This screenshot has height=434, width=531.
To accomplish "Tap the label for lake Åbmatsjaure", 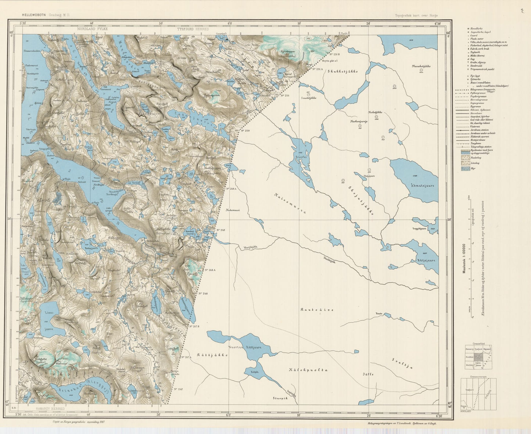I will pos(422,186).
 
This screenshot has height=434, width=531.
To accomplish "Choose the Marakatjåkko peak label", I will pos(421,67).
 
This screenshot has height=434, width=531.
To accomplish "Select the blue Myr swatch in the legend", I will pos(465,168).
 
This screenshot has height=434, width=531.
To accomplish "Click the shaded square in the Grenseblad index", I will pos(478,356).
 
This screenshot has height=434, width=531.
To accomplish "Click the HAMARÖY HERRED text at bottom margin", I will pos(50,409).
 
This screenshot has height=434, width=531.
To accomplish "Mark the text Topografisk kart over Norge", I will pos(416,15).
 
